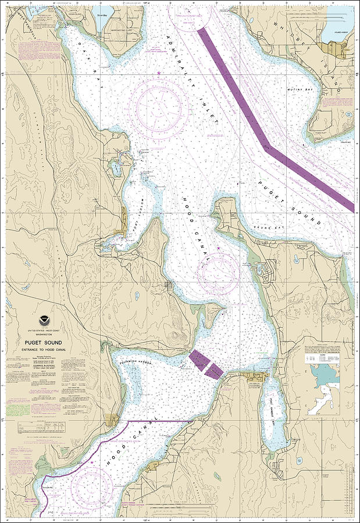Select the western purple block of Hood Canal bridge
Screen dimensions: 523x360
pos(197,360)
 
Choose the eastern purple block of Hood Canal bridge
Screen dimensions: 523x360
pos(214,370)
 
